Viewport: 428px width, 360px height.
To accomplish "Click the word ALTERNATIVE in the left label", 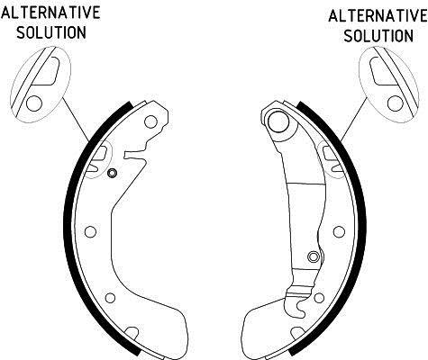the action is (50, 13).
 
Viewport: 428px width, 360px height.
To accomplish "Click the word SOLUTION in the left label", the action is (51, 32).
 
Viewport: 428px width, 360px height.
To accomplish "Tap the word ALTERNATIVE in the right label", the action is (378, 16).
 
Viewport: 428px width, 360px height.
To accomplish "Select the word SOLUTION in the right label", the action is (378, 36).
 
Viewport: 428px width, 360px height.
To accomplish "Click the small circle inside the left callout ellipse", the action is (34, 103).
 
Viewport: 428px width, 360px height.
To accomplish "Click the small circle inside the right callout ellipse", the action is (396, 103).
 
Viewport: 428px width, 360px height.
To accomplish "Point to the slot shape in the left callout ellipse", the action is (47, 71).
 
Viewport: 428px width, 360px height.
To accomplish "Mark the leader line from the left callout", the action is (76, 120).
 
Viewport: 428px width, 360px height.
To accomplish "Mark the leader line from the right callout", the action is (354, 120).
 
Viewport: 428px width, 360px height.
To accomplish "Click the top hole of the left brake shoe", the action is (150, 121).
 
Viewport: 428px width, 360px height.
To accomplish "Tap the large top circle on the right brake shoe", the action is (278, 121).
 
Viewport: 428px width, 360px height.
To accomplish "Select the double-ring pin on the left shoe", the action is (112, 173).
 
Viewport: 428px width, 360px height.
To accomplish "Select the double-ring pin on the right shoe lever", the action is (314, 256).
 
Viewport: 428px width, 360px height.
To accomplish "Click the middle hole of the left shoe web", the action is (90, 231).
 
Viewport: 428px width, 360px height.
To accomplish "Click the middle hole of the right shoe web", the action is (339, 231).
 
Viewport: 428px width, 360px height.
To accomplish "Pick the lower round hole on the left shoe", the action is (111, 298).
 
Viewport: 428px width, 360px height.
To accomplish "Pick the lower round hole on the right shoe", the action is (319, 298).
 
